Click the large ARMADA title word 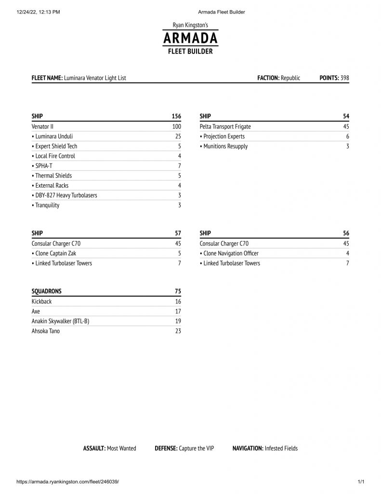[190, 38]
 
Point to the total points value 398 [344, 78]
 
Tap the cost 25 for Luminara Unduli [178, 137]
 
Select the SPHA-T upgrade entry [42, 166]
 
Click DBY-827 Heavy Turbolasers [67, 195]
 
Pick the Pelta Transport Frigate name [225, 126]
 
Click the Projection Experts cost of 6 [347, 137]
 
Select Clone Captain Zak [54, 253]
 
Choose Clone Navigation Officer [229, 253]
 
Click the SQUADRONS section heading [46, 291]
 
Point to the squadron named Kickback [41, 302]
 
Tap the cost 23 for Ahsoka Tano [178, 331]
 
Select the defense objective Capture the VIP [196, 448]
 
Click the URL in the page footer [67, 482]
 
